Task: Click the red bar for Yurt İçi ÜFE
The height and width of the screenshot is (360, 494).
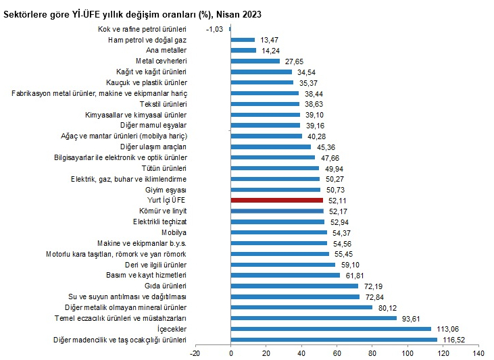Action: click(277, 200)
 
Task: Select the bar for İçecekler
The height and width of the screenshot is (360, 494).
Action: click(330, 329)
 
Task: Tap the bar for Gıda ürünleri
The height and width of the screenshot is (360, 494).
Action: click(295, 286)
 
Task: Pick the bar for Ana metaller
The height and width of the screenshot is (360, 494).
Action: click(243, 50)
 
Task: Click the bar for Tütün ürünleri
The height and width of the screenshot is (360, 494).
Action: click(275, 168)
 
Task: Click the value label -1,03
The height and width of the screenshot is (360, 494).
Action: click(215, 28)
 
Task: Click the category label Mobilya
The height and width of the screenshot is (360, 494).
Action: click(174, 232)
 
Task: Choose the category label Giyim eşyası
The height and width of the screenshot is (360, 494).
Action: click(167, 190)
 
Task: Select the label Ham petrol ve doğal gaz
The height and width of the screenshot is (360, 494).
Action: click(147, 39)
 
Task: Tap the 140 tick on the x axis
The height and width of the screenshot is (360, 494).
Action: click(478, 353)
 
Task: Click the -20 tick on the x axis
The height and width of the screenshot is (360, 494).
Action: click(195, 353)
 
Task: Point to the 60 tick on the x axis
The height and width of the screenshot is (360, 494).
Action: click(337, 353)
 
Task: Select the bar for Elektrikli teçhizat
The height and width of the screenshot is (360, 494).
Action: click(278, 222)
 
